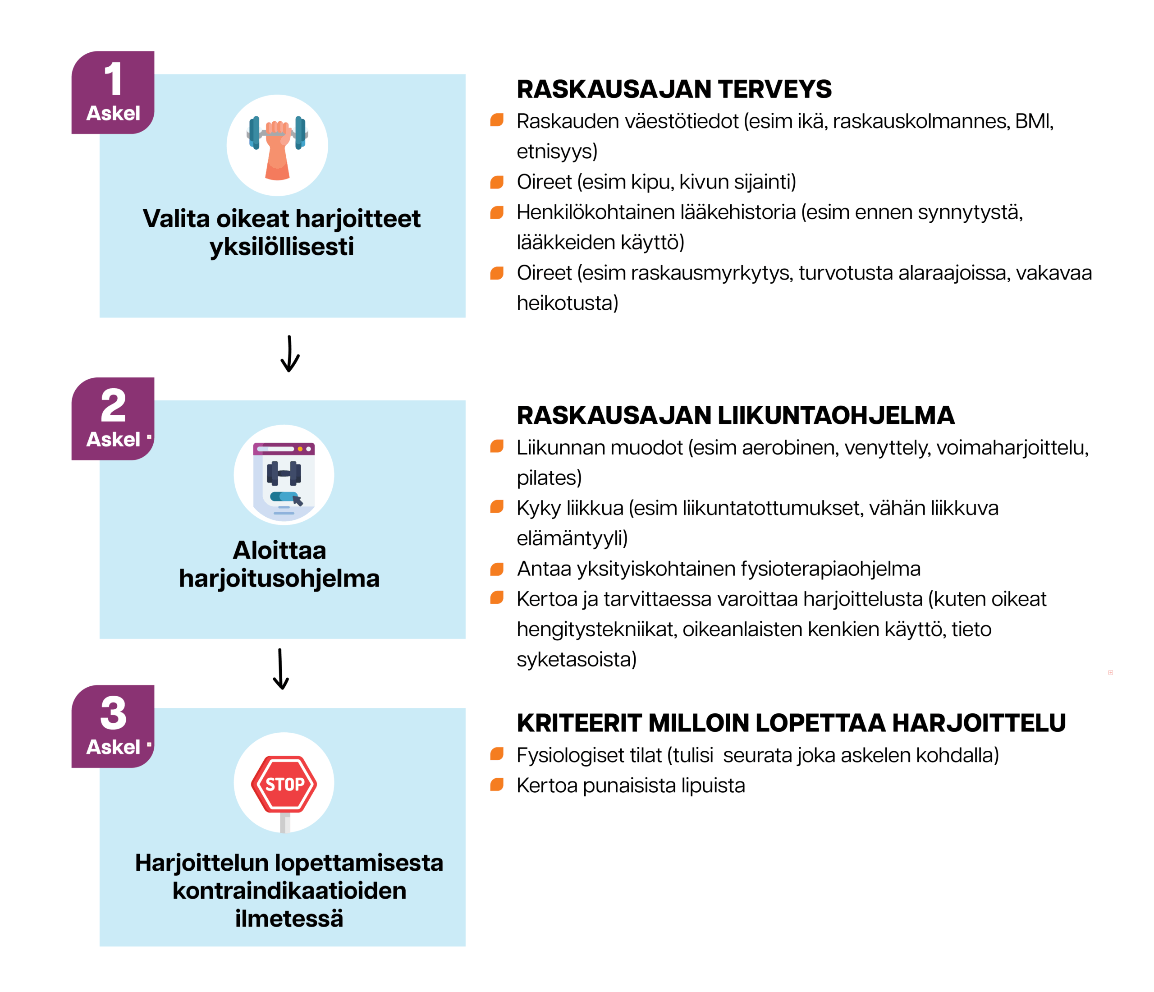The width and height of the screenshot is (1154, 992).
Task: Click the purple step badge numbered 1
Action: tap(113, 92)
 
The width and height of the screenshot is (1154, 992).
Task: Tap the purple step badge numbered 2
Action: tap(113, 418)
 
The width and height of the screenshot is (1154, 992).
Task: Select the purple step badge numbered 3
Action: tap(113, 726)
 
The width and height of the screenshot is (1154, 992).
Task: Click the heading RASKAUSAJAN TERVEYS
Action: tap(674, 89)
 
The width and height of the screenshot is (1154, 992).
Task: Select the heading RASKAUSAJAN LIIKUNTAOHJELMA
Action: tap(735, 416)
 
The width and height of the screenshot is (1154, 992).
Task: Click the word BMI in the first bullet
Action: tap(1033, 121)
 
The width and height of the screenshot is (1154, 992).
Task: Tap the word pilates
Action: tap(548, 478)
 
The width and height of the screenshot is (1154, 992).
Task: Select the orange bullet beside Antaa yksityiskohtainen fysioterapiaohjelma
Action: tap(497, 569)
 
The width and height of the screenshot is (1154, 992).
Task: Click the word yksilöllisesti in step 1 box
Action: tap(282, 247)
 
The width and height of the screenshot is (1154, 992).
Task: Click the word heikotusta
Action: tap(567, 303)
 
